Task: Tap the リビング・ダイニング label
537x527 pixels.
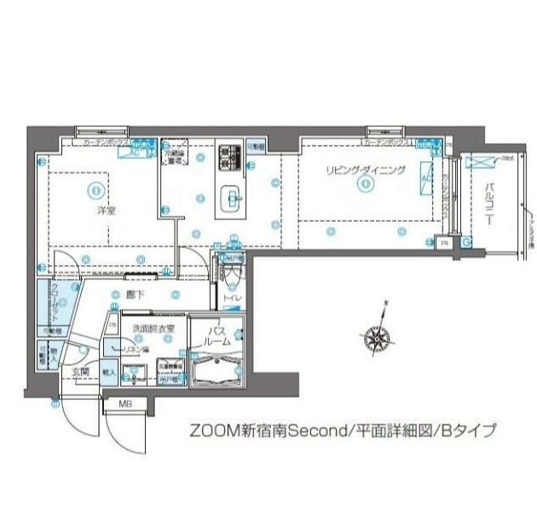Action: click(364, 171)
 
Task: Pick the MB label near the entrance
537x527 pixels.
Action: click(124, 404)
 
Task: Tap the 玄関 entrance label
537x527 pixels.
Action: click(80, 373)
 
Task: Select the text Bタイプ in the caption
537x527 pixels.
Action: click(466, 431)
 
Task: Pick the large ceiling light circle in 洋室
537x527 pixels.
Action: click(95, 189)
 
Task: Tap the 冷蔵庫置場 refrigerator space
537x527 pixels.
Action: click(176, 155)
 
